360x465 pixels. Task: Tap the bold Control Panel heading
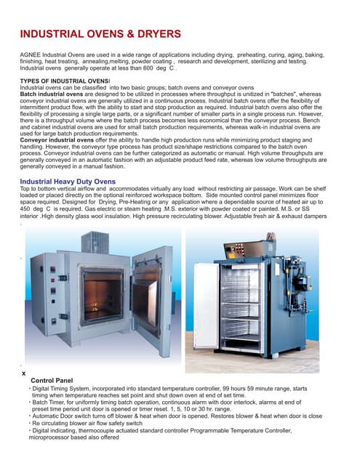52,380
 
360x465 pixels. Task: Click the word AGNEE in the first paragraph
31,55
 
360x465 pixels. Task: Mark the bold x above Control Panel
24,373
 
